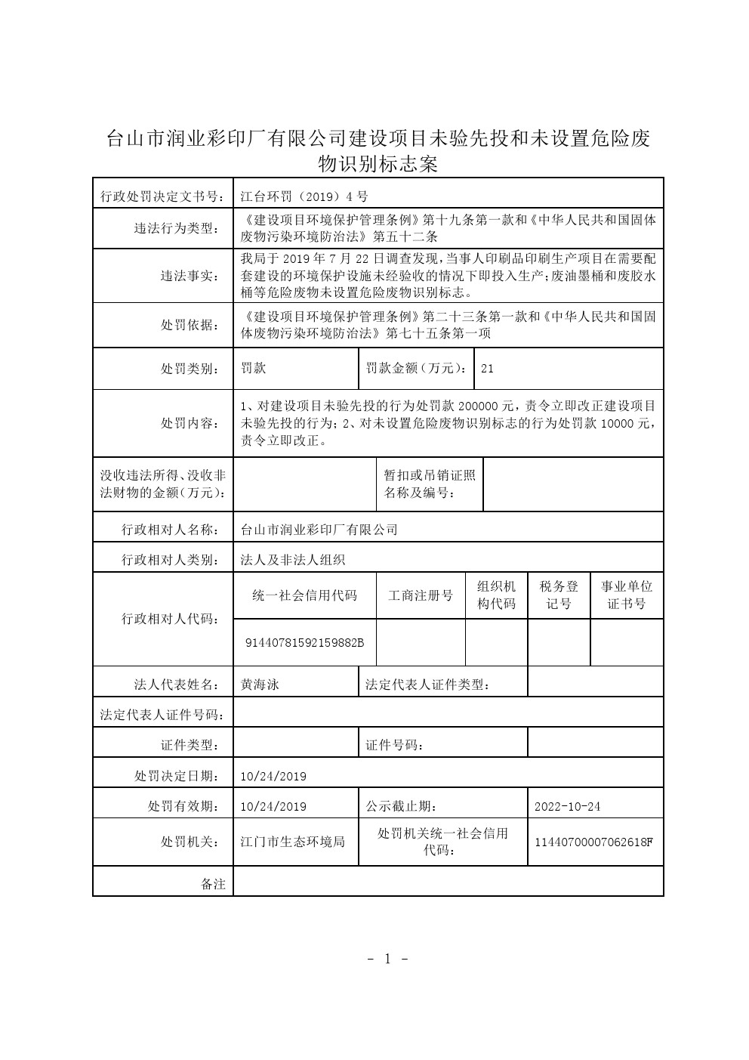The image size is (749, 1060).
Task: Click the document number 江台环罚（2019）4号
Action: [x=304, y=196]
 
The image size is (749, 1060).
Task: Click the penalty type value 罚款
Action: [x=253, y=369]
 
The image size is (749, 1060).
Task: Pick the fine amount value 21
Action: [x=487, y=369]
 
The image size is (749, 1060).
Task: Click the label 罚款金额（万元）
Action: [x=415, y=369]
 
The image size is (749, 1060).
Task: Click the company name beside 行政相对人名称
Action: [x=319, y=530]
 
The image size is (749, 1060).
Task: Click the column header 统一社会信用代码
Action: [x=304, y=595]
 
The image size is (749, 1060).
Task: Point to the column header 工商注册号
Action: [x=421, y=595]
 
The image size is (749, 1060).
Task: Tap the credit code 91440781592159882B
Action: [x=304, y=642]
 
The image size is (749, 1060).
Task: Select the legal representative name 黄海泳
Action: [x=260, y=685]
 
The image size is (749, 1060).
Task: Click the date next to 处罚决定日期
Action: [x=273, y=776]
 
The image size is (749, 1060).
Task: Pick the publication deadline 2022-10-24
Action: [x=567, y=806]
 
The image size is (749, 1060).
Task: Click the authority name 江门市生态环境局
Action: [x=292, y=841]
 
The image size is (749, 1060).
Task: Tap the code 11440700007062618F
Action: [x=593, y=841]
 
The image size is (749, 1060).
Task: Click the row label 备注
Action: [x=213, y=883]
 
